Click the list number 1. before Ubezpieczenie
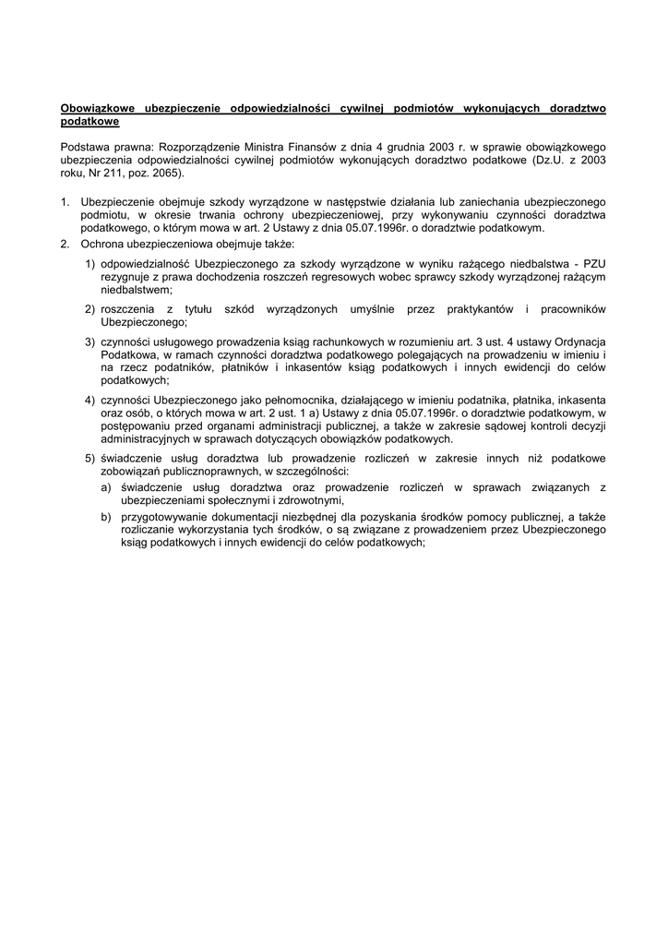click(65, 200)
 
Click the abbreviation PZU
click(594, 264)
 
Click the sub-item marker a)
click(106, 487)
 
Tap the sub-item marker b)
click(106, 517)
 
